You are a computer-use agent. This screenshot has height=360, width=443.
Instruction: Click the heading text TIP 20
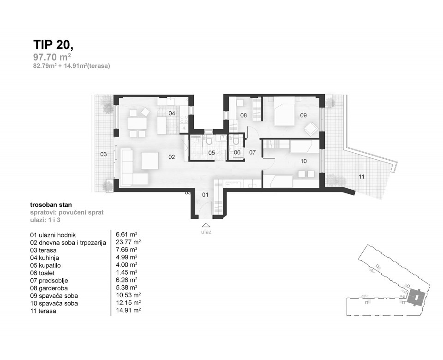coord(53,44)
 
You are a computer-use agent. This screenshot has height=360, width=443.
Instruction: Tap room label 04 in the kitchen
coord(171,113)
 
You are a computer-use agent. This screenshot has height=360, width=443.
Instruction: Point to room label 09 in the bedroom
coord(303,116)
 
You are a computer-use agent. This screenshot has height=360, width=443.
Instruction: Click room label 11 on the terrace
coord(362,176)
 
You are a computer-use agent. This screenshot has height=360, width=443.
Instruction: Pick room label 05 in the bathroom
coord(211,152)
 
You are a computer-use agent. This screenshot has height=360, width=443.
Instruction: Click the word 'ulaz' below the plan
coord(206,232)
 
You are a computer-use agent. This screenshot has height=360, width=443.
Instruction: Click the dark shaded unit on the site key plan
coord(418,297)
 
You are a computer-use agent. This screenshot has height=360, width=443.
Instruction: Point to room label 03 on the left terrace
coord(104,154)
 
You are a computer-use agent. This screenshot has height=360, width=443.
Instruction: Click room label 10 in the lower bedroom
coord(303,161)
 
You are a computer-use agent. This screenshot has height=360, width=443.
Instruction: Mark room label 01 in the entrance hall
coord(205,195)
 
